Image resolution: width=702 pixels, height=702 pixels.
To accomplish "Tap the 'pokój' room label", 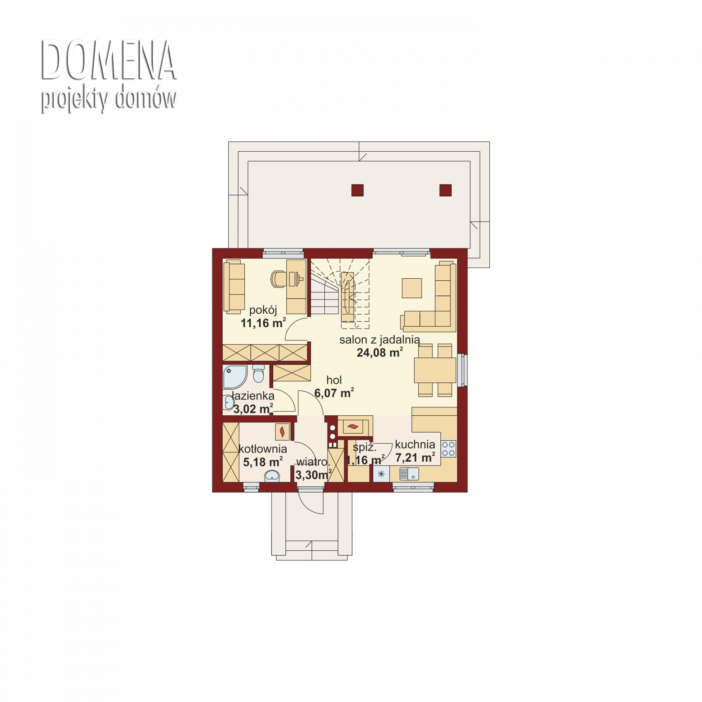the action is [x=263, y=310].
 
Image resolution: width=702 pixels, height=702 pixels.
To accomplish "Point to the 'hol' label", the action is [x=334, y=380].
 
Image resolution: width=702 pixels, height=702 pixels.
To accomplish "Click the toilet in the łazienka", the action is [x=259, y=373].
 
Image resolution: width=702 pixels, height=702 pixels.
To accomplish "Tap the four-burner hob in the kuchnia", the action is [x=448, y=449].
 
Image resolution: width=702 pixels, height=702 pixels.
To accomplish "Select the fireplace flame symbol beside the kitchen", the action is [x=353, y=427].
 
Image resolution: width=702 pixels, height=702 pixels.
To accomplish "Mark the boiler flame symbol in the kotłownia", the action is [x=282, y=431].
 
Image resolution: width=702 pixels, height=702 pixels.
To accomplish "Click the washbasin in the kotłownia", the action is [x=272, y=476].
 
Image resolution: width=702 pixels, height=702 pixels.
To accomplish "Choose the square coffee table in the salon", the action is [x=412, y=287].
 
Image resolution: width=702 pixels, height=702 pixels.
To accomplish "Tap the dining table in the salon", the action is [x=435, y=370].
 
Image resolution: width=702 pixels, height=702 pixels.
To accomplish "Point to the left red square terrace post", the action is [x=358, y=190].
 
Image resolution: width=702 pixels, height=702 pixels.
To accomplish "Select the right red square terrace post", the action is [x=446, y=190].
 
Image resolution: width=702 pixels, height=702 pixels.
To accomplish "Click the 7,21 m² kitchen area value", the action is [x=415, y=458].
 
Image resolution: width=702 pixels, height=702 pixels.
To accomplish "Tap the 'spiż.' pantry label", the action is [x=364, y=447].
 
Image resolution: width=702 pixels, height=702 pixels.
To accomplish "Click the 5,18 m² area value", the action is [x=262, y=462].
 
